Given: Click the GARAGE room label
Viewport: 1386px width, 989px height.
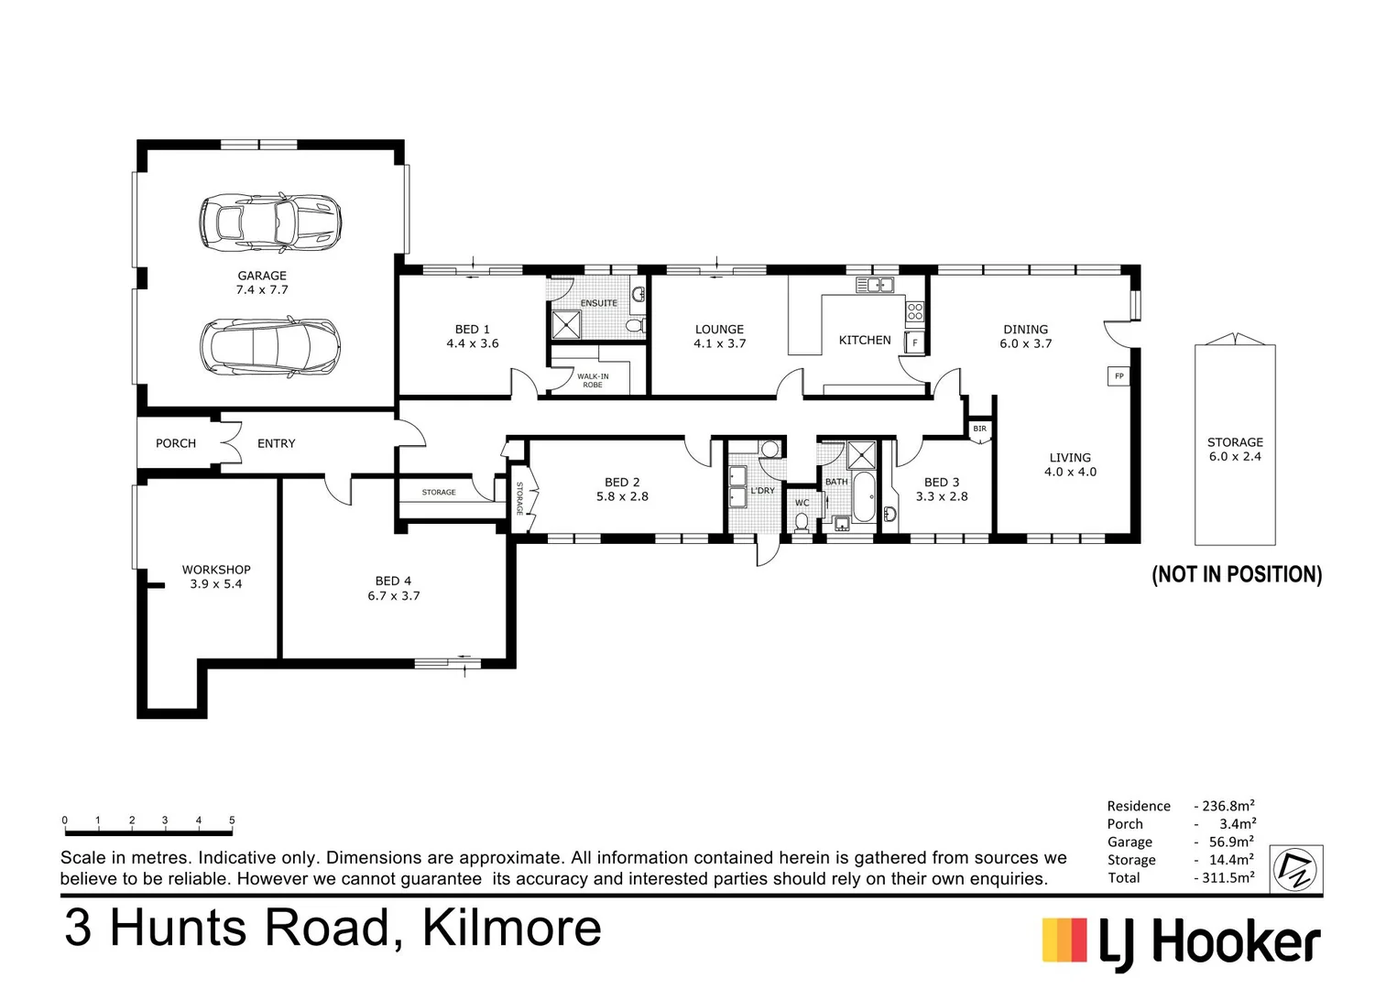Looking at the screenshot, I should click(262, 276).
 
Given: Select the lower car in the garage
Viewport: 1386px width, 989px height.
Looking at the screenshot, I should click(270, 346).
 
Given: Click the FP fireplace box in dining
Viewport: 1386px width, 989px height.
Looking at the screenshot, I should click(1119, 376).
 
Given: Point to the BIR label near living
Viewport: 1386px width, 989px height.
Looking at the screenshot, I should click(979, 429).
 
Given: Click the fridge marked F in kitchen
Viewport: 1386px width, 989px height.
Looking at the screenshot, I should click(914, 343).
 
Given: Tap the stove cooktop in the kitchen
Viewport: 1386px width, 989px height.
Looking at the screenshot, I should click(914, 311).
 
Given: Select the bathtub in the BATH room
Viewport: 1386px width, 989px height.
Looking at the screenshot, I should click(864, 497).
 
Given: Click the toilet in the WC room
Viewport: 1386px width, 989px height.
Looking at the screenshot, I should click(802, 521).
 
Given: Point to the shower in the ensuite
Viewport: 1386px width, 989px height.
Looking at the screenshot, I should click(566, 324).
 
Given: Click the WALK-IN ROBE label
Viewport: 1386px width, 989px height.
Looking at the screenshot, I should click(593, 380).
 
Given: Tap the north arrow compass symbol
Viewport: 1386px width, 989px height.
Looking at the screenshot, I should click(1296, 867).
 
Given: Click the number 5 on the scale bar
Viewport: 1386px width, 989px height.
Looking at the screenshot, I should click(232, 821).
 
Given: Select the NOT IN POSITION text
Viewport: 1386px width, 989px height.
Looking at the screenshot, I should click(1237, 574).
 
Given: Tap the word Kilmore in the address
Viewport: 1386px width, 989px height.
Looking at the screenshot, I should click(511, 928).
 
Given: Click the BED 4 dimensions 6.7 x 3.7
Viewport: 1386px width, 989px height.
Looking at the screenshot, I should click(394, 596).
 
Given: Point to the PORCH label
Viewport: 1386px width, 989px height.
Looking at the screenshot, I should click(176, 443).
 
